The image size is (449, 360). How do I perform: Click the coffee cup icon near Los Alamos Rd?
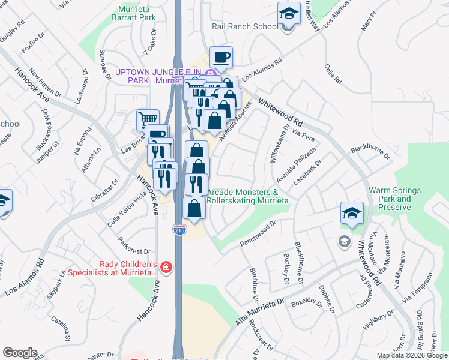(x=221, y=58)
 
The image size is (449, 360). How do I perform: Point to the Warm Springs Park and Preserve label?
(x=394, y=199)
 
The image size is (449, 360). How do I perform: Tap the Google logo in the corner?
(x=20, y=353)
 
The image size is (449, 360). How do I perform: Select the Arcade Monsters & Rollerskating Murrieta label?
(x=248, y=196)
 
